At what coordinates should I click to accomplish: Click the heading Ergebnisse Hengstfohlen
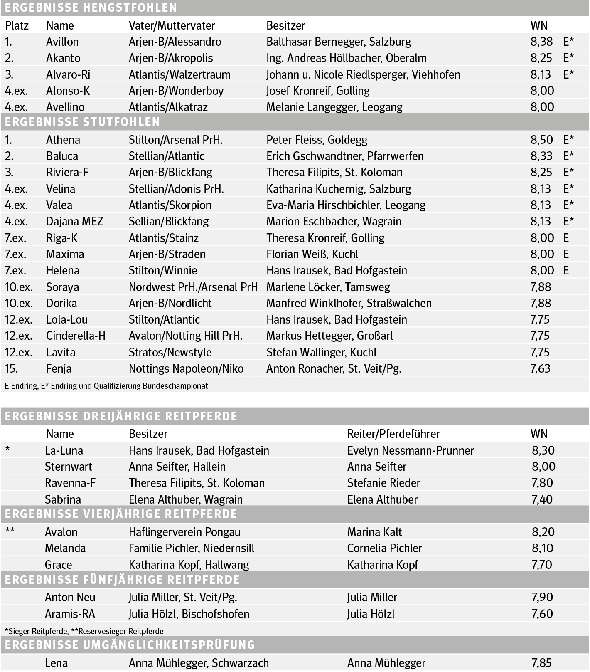91,7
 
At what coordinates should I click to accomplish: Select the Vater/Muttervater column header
172,26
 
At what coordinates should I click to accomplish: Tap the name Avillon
62,42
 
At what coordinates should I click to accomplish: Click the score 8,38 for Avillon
541,42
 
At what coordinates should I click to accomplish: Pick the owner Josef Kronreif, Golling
318,91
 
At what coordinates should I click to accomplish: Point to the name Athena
63,140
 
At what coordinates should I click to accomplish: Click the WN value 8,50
541,140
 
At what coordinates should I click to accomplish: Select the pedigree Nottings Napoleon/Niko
186,369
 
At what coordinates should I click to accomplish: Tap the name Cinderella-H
76,336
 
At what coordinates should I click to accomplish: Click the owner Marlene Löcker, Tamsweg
328,287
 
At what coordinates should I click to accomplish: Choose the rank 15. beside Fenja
12,369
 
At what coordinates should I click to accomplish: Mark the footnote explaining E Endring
106,386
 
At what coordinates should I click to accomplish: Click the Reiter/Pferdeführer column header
393,434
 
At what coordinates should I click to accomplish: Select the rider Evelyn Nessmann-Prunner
411,451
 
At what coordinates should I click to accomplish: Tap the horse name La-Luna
64,451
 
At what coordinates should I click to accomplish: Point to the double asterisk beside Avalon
10,531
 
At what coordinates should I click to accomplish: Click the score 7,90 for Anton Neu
542,598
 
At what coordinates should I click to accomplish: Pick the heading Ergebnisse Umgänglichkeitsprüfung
130,645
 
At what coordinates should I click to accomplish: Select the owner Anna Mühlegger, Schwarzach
199,663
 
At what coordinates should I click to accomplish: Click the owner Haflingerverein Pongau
184,532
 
